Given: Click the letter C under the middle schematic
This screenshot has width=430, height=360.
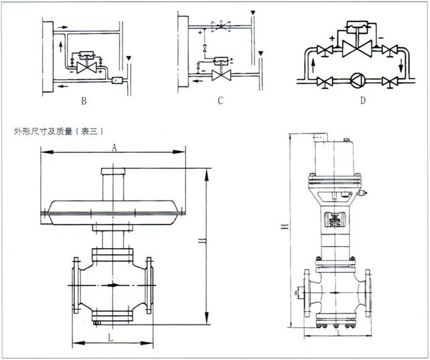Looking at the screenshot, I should coord(219,103).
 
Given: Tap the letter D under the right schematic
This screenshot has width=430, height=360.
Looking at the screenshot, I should coord(362,103).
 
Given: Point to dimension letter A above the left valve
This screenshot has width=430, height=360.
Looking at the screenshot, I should coord(115,148).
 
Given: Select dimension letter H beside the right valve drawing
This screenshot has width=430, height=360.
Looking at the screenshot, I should coord(285,228).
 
